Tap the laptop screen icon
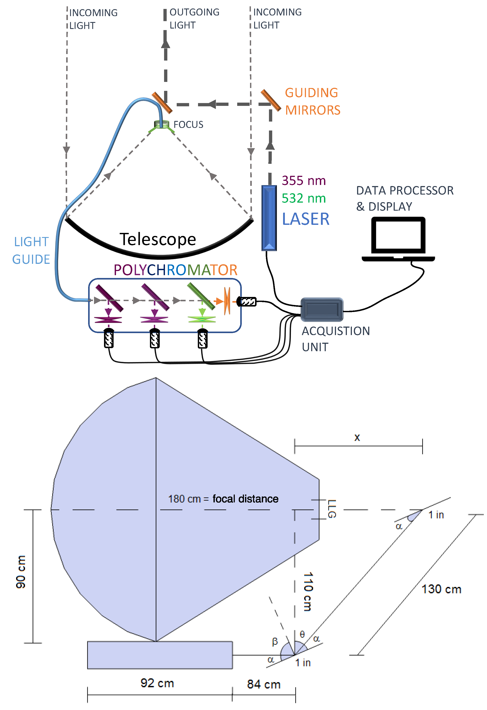[x=398, y=237]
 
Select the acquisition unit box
[x=322, y=310]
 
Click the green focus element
[x=161, y=124]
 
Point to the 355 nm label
[x=304, y=181]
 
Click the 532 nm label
[x=304, y=198]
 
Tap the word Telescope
[x=158, y=239]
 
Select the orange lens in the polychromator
[x=227, y=301]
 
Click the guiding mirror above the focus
[x=162, y=103]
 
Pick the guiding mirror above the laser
[x=271, y=100]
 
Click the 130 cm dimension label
[x=441, y=589]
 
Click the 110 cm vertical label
[x=308, y=592]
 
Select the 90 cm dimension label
[x=21, y=572]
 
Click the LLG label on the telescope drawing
[x=332, y=509]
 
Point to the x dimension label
[x=357, y=437]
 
